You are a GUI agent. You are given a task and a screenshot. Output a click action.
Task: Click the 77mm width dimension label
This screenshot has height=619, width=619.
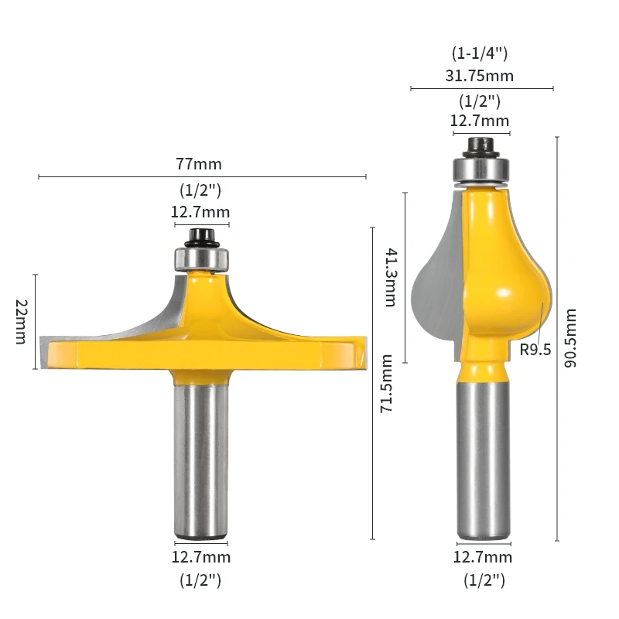coord(200,164)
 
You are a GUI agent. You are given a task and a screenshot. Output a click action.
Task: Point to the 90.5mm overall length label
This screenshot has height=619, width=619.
coord(571,338)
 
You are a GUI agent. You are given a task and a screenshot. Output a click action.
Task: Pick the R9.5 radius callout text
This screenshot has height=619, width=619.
coord(535,350)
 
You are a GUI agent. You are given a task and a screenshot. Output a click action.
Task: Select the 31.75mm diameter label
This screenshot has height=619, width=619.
coord(482,76)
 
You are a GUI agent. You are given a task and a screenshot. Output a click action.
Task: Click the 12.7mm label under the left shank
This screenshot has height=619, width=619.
coord(200,557)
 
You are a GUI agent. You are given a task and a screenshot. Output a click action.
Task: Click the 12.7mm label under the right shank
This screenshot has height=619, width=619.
coord(482,557)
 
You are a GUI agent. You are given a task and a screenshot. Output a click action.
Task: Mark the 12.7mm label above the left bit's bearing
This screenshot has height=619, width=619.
coord(200,212)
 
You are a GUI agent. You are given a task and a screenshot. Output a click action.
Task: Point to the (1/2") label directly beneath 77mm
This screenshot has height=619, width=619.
coord(200,189)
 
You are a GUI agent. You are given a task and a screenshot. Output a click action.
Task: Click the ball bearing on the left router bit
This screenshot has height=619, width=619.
coord(200,257)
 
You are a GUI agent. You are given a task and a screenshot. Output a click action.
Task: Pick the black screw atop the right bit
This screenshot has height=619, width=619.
coord(480,145)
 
